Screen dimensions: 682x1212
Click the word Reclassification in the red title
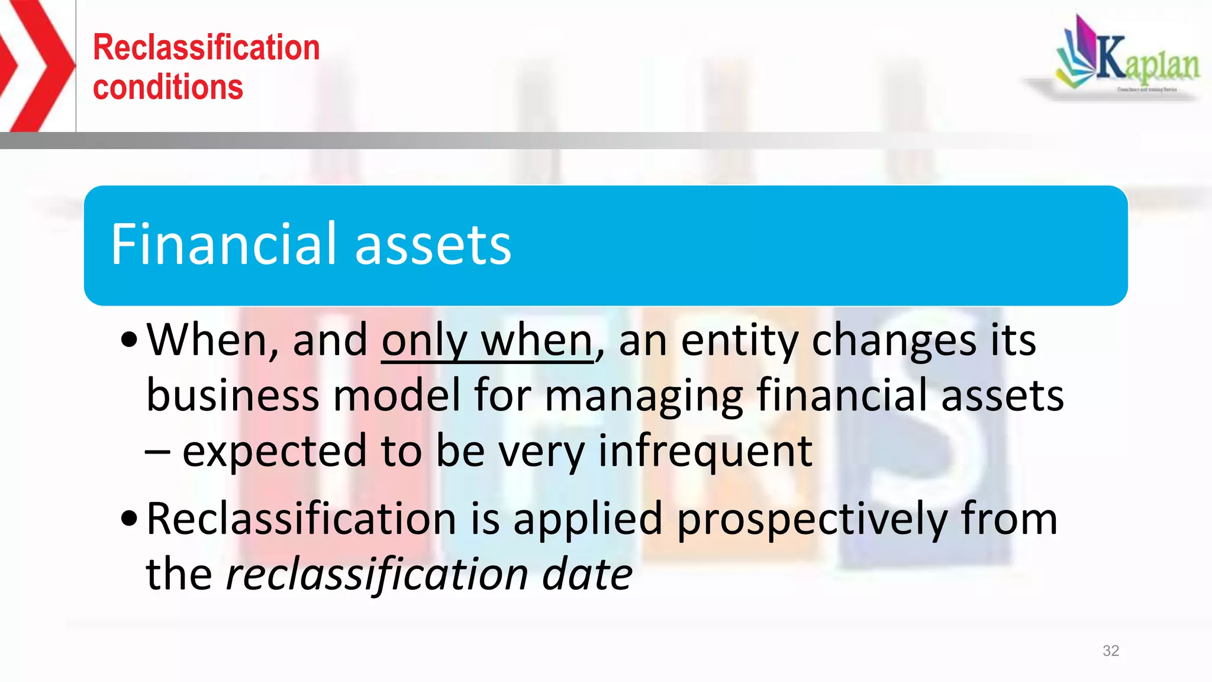coord(206,47)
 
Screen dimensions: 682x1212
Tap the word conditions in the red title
coord(168,88)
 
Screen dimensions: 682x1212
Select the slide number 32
coord(1110,651)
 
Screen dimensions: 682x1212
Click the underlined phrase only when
coord(487,341)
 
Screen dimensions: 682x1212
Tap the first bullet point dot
coord(129,340)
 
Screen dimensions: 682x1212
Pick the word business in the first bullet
coord(232,395)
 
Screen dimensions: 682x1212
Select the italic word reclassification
coord(377,574)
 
